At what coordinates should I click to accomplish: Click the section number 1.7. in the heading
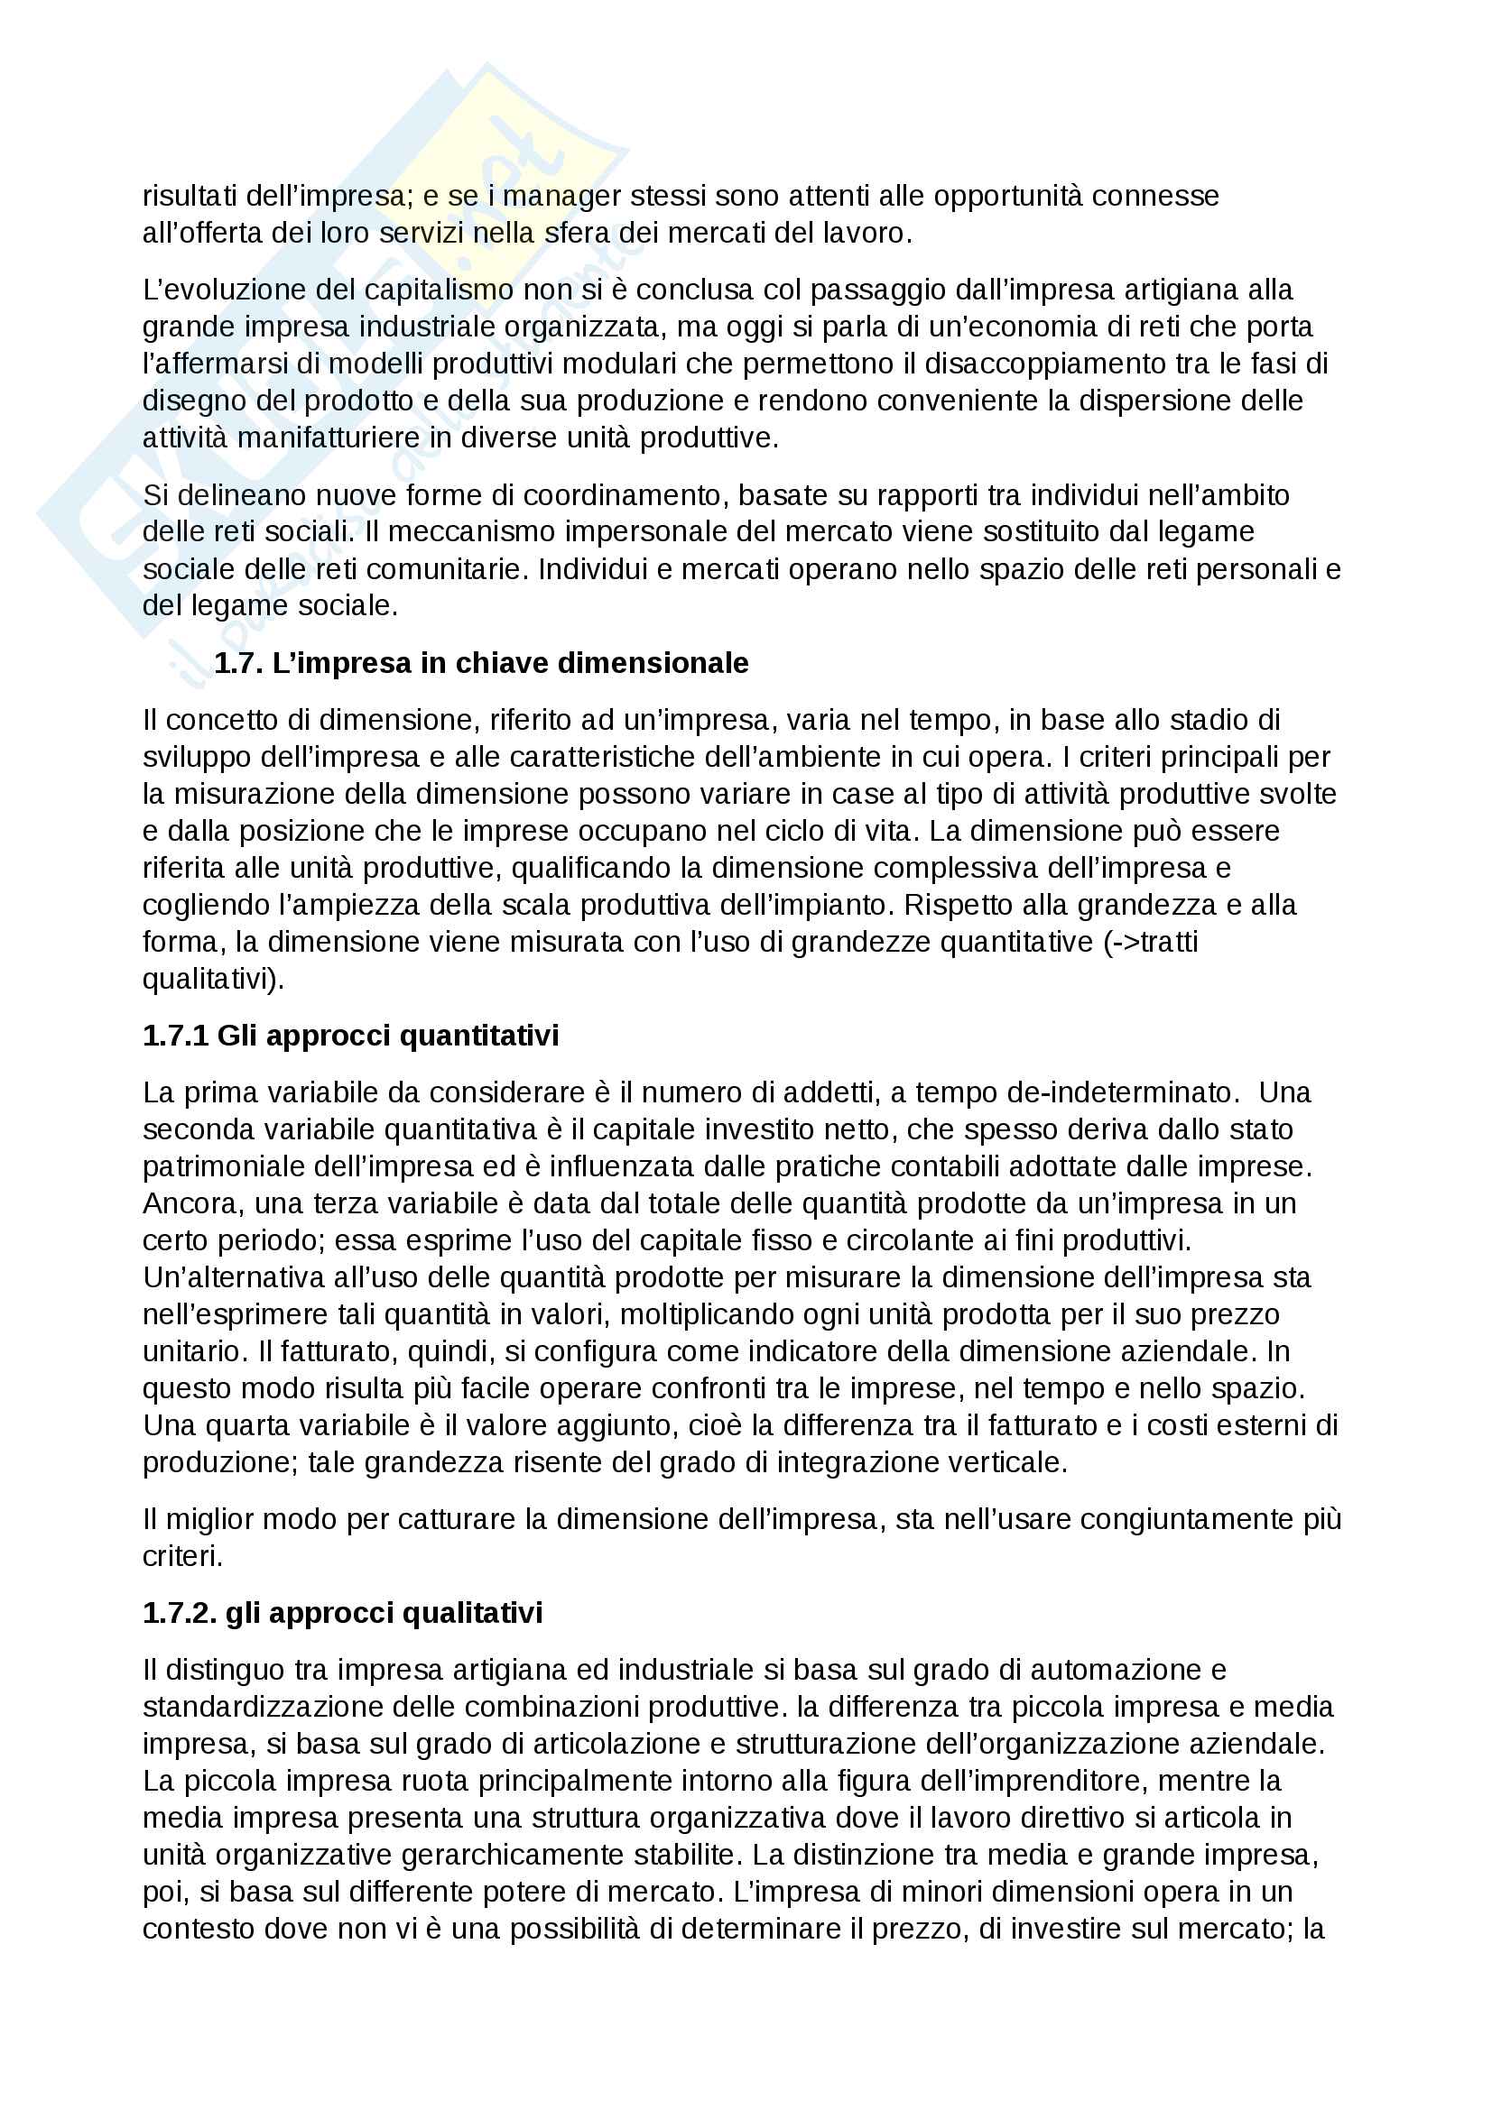click(239, 663)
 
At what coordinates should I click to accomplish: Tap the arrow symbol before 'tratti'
click(1125, 942)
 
